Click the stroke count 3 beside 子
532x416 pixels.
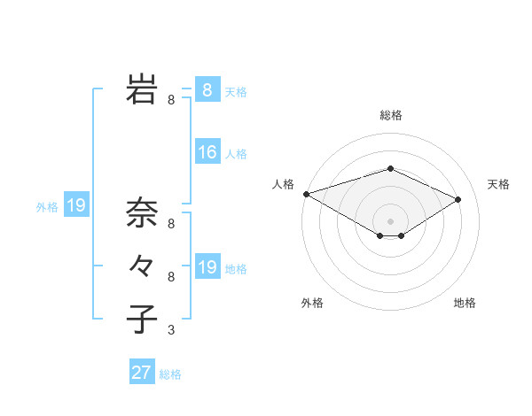(171, 330)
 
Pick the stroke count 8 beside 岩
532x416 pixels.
(171, 100)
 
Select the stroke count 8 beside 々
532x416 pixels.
(171, 277)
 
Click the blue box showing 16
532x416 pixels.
(207, 152)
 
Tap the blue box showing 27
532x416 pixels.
(142, 373)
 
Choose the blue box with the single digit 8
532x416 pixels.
(207, 90)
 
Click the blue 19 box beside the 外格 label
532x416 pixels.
(76, 206)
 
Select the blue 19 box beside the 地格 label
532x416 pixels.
(207, 267)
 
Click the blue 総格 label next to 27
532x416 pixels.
(170, 374)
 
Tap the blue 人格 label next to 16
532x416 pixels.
(236, 154)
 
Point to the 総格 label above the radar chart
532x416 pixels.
(391, 115)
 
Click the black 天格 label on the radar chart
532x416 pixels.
(499, 184)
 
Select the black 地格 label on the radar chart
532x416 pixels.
(465, 303)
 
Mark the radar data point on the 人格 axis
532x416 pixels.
(306, 193)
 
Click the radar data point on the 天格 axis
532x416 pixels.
(458, 199)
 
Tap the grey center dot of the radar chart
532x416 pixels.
(391, 220)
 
